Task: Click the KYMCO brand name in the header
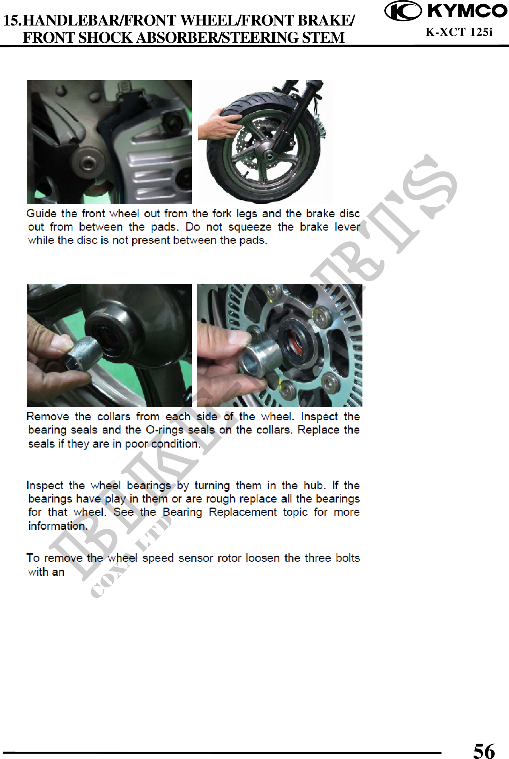[467, 11]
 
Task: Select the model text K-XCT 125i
[459, 32]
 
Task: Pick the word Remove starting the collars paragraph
[48, 417]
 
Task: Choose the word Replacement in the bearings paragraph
[243, 512]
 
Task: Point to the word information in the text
[58, 526]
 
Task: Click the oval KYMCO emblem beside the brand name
[403, 11]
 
